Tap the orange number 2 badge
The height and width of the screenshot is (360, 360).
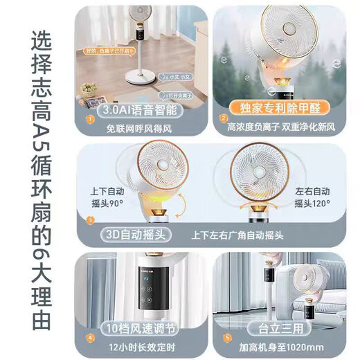223,118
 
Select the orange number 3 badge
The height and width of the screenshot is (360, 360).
89,222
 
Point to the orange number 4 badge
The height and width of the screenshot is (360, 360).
89,339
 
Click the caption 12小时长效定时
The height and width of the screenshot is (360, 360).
141,346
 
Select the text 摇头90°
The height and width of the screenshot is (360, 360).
106,204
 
